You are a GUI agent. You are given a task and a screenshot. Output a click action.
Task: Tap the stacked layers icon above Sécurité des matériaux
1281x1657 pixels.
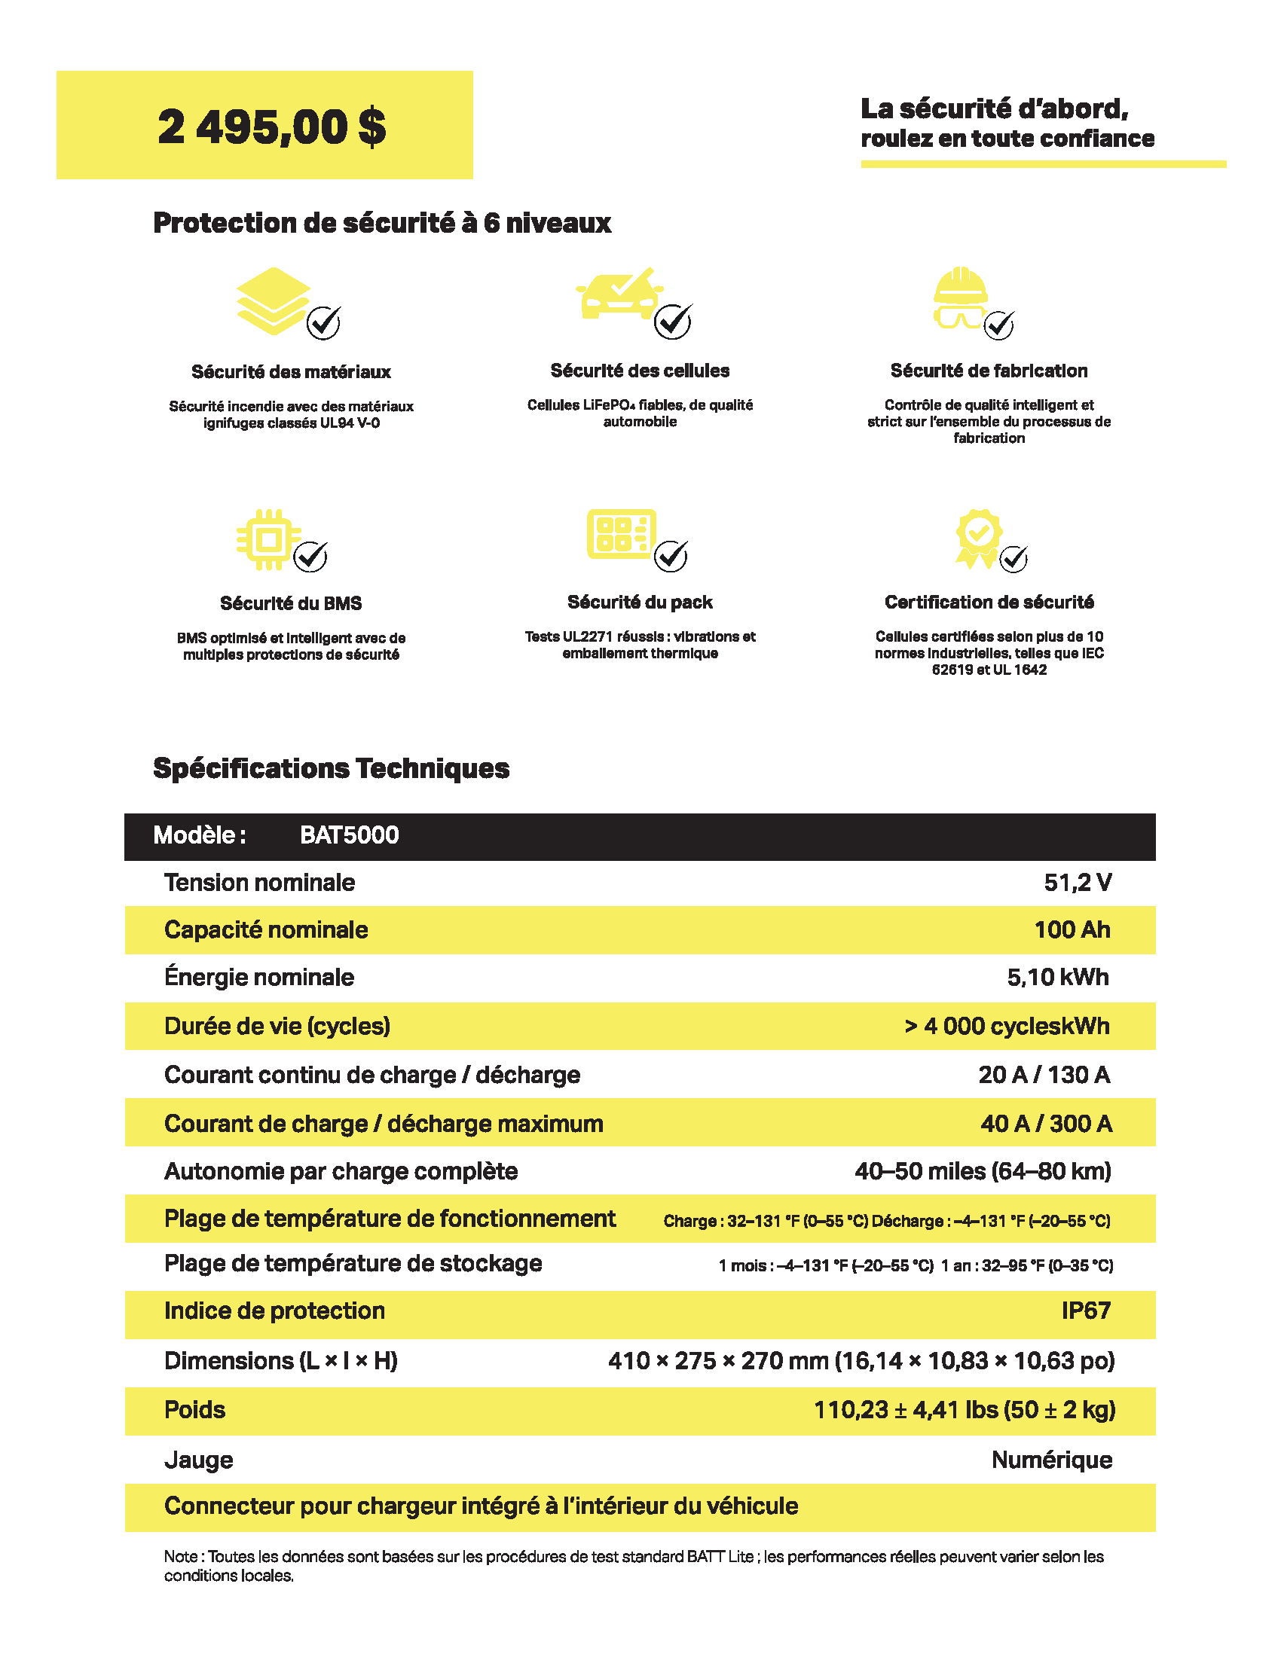[x=274, y=301]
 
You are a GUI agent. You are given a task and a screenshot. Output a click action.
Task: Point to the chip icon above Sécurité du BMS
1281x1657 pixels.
[x=268, y=539]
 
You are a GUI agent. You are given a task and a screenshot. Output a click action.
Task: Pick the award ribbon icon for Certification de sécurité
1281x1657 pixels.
[x=978, y=537]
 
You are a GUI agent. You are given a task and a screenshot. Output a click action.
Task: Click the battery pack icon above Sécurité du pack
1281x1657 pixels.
[x=621, y=534]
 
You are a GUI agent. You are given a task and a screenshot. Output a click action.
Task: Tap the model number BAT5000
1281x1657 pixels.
[x=349, y=835]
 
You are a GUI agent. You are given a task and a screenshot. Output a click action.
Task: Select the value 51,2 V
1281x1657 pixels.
[x=1078, y=883]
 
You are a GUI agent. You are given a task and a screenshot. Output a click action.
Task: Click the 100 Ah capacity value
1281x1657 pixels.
[x=1072, y=929]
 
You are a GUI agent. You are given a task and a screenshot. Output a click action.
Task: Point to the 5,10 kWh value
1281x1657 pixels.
[x=1057, y=977]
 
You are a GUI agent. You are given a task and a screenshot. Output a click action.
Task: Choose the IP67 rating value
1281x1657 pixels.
[x=1085, y=1311]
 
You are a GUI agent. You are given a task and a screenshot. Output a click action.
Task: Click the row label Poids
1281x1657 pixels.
[x=195, y=1410]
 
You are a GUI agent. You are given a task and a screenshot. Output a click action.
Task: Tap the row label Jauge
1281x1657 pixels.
[x=199, y=1460]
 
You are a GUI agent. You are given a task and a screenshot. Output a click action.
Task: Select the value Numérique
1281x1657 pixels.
[x=1051, y=1460]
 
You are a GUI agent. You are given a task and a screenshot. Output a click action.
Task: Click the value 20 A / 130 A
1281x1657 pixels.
[x=1044, y=1074]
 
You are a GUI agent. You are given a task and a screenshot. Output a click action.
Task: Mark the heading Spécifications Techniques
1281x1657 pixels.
[x=331, y=767]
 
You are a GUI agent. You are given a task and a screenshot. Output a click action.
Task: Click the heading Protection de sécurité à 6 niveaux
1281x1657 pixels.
[x=382, y=223]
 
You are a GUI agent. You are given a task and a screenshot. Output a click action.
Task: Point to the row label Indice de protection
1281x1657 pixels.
[x=275, y=1311]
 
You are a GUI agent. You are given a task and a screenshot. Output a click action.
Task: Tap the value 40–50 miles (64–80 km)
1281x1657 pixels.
[x=982, y=1170]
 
